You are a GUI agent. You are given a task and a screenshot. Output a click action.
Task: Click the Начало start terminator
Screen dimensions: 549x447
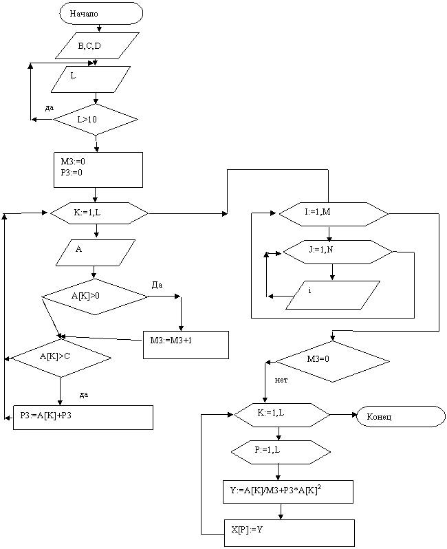[x=101, y=14]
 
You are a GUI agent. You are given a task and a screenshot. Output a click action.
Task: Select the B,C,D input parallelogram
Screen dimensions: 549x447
[x=98, y=47]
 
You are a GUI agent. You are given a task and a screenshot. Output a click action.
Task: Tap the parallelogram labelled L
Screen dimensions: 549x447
[x=91, y=78]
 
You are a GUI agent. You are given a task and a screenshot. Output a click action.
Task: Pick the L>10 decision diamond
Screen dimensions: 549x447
[x=96, y=120]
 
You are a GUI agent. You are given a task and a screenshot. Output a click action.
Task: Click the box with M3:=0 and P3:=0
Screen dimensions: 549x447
[x=98, y=169]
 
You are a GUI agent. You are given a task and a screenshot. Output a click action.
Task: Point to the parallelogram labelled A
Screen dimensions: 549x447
[x=96, y=252]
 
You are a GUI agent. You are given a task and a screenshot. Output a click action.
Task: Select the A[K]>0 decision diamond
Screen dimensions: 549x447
[x=95, y=297]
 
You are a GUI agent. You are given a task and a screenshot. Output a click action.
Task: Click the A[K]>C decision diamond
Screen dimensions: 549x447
[x=61, y=358]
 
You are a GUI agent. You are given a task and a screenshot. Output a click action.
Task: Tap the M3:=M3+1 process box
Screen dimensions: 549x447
[x=186, y=344]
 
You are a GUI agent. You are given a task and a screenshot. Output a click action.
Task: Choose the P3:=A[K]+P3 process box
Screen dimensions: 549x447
[x=83, y=417]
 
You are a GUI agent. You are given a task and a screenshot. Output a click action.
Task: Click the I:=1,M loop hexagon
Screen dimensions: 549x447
[x=334, y=213]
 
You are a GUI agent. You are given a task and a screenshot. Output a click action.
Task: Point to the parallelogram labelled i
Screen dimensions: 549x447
[x=333, y=294]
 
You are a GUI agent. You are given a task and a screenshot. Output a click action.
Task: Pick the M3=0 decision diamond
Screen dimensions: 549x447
[x=333, y=361]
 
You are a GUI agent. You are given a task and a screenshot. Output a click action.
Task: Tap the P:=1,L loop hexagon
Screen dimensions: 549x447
[x=281, y=451]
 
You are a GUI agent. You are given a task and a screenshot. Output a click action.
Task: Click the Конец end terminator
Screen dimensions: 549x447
[x=400, y=417]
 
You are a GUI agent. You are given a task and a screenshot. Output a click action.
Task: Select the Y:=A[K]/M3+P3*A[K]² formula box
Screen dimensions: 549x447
[x=288, y=491]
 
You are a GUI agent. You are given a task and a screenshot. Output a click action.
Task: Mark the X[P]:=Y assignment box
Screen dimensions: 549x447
[x=289, y=532]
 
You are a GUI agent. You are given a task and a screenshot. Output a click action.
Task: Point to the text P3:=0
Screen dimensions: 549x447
[x=72, y=173]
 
